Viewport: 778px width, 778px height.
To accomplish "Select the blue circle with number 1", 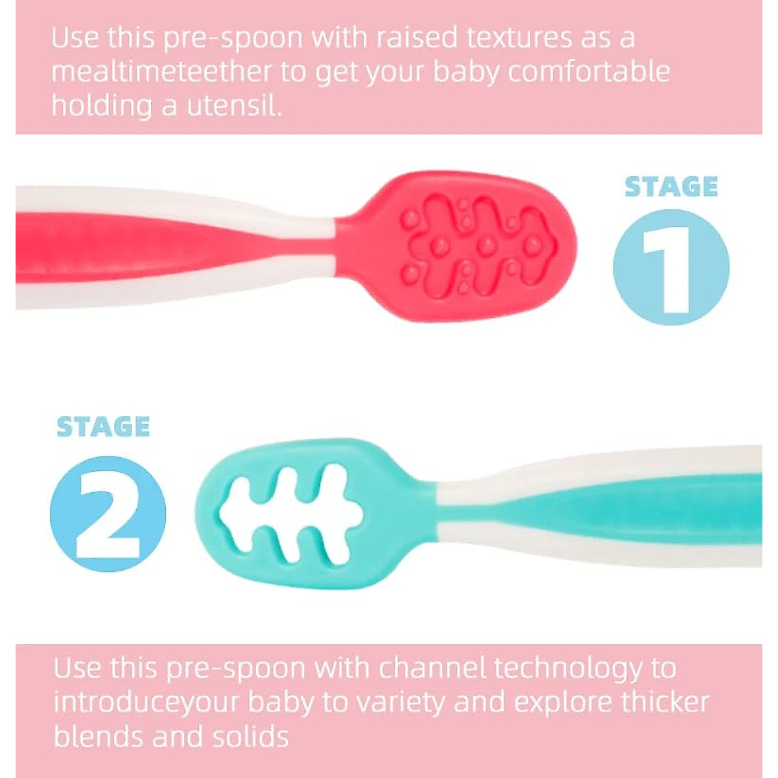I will pos(670,267).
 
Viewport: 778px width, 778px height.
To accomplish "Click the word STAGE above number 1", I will pos(671,187).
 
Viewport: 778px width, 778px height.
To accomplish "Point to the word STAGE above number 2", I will pos(103,427).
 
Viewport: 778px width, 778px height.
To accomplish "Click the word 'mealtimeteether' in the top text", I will pos(161,72).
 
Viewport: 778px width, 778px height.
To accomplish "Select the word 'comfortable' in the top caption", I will pos(588,72).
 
